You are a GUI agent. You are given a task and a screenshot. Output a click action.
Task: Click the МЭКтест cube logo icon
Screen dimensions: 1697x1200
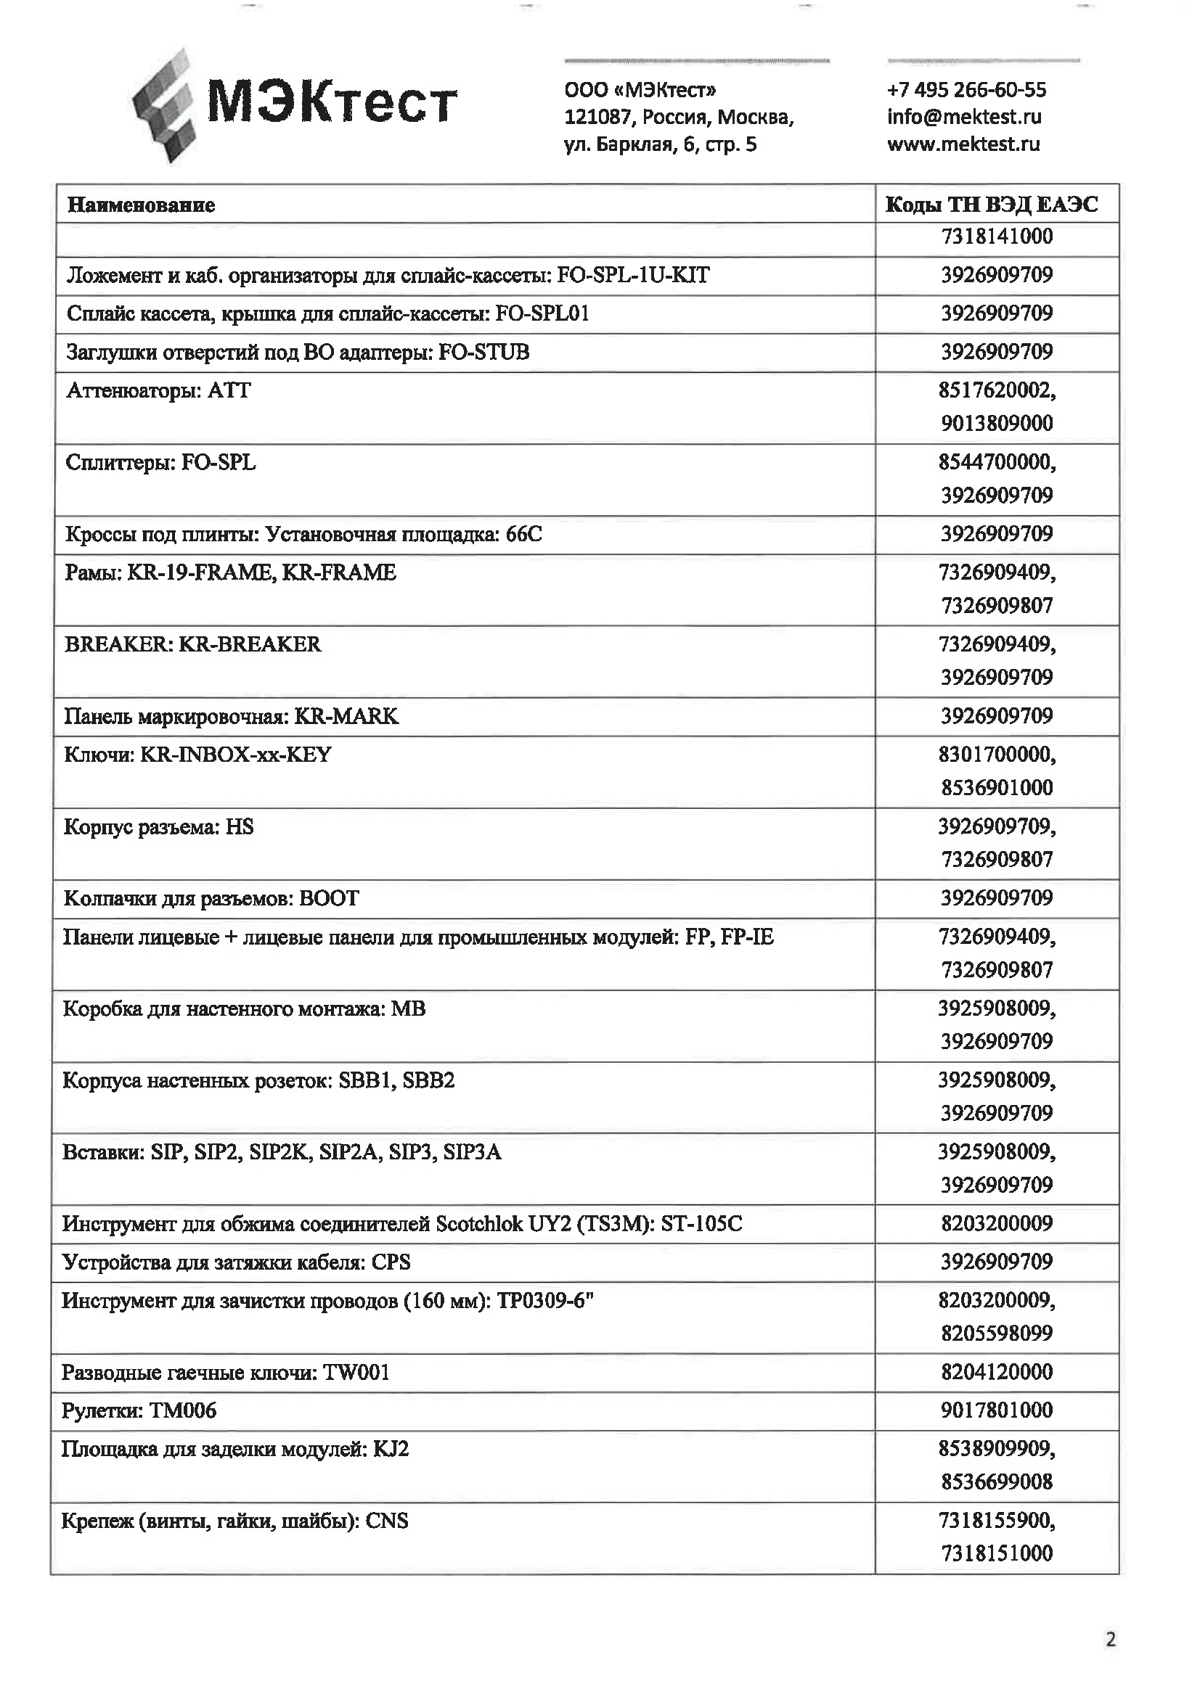click(x=164, y=105)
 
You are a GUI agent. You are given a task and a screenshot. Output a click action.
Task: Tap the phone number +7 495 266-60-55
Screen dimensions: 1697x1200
click(x=966, y=90)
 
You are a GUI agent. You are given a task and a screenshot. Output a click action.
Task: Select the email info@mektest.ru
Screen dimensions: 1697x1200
click(x=964, y=117)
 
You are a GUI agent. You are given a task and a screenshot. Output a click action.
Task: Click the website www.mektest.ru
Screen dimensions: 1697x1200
click(x=963, y=144)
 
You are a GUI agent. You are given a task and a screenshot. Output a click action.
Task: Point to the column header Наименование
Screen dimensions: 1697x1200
click(x=142, y=205)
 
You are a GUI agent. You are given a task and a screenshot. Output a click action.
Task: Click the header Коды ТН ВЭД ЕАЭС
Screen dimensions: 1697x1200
click(x=992, y=205)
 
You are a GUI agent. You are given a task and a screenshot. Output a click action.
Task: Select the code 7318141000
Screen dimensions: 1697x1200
click(x=997, y=237)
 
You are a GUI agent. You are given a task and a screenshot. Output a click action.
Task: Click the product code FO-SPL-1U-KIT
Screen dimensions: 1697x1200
click(x=633, y=276)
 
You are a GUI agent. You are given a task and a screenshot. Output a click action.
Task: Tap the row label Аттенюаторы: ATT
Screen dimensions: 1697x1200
click(x=159, y=390)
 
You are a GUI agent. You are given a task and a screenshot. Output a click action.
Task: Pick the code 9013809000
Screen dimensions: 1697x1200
click(x=997, y=424)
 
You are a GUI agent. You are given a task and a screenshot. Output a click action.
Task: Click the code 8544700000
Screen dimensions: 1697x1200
click(x=997, y=463)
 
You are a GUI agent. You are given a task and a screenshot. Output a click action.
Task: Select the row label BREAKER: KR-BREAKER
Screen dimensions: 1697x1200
click(x=193, y=644)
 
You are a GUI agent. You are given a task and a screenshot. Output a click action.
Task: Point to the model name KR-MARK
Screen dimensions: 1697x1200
click(x=347, y=716)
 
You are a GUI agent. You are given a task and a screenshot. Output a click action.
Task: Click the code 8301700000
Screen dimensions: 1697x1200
click(x=997, y=755)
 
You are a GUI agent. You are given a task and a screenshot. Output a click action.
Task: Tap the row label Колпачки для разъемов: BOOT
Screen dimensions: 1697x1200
click(x=211, y=899)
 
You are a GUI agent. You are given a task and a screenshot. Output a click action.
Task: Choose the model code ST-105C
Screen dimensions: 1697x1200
click(x=701, y=1224)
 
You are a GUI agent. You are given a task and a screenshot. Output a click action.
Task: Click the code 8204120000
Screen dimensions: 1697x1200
click(x=997, y=1373)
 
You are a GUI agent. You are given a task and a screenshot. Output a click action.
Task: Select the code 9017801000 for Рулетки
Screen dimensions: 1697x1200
click(x=997, y=1410)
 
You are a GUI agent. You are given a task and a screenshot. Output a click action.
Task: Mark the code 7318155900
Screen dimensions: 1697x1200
click(x=997, y=1521)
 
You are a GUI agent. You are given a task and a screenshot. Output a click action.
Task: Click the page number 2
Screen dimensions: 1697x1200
click(x=1110, y=1640)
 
